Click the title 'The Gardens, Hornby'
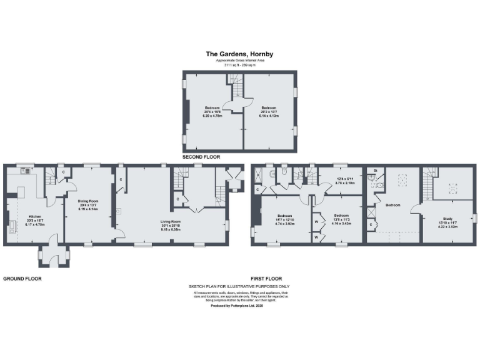pos(240,54)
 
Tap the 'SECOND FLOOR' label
pos(201,157)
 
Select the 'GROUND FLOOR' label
pos(22,279)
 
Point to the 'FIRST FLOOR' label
pos(266,279)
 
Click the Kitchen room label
pos(34,219)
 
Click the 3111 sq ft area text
pos(240,65)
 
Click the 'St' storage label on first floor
pos(375,171)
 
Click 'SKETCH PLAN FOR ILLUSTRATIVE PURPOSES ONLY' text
pos(240,286)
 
